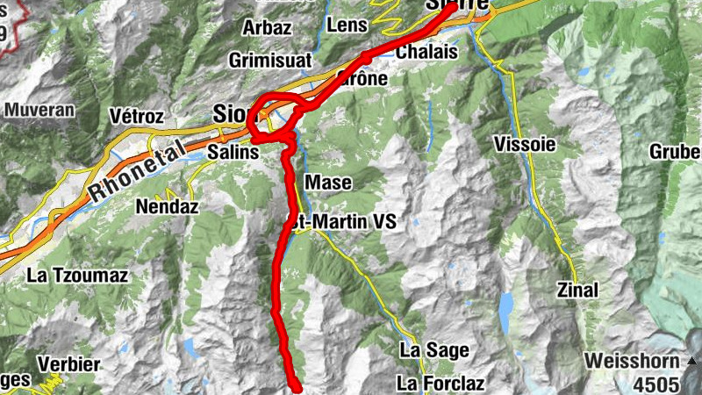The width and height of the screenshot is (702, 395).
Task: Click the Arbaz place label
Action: click(267, 27)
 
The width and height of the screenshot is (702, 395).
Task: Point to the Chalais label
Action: click(427, 53)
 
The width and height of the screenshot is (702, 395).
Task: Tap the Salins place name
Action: click(234, 152)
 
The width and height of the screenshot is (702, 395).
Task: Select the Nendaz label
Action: click(168, 208)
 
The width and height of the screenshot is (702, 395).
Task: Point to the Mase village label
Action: click(329, 183)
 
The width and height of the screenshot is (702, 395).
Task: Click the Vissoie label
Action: click(525, 144)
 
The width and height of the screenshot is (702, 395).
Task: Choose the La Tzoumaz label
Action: click(77, 276)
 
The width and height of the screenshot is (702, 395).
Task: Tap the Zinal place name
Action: click(577, 290)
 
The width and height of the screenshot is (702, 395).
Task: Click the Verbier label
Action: click(69, 364)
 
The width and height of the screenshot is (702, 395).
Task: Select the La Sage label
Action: click(433, 350)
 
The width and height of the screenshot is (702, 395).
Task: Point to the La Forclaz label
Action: click(441, 383)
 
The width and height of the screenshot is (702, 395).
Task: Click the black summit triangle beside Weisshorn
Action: click(692, 361)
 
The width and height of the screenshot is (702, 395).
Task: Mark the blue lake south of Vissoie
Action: click(506, 304)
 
